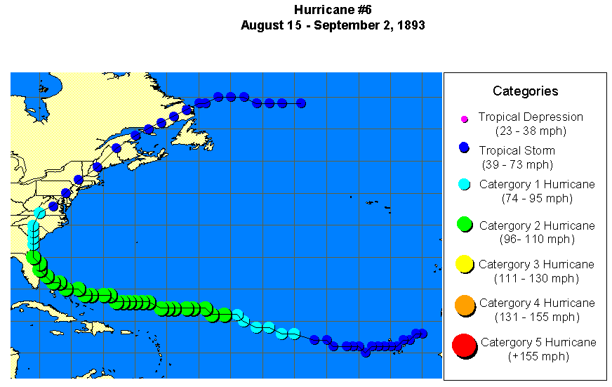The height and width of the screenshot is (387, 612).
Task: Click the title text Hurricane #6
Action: tap(333, 10)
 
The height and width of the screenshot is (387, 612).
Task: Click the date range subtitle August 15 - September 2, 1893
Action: tap(333, 25)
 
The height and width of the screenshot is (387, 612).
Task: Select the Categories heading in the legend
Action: tap(525, 91)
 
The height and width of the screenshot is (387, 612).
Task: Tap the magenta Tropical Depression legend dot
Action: tap(464, 119)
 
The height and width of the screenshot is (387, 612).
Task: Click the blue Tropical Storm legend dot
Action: tap(463, 148)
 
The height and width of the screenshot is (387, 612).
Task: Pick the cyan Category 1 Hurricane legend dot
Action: tap(463, 185)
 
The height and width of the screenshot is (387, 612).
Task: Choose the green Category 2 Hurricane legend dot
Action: tap(463, 224)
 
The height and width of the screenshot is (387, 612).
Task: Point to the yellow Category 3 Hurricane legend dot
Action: tap(463, 264)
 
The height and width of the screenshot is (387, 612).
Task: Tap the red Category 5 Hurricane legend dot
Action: tap(463, 346)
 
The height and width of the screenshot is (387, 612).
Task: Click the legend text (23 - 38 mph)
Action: tap(531, 131)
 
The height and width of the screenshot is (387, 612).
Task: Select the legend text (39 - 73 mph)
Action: tap(517, 164)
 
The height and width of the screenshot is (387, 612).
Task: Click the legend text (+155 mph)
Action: tap(538, 356)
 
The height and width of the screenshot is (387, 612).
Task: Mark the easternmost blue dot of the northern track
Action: tap(301, 103)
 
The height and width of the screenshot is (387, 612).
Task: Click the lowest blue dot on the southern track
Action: tap(366, 352)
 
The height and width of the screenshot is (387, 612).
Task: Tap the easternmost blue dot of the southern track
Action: tap(423, 334)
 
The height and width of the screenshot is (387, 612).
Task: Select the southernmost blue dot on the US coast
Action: tap(53, 206)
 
